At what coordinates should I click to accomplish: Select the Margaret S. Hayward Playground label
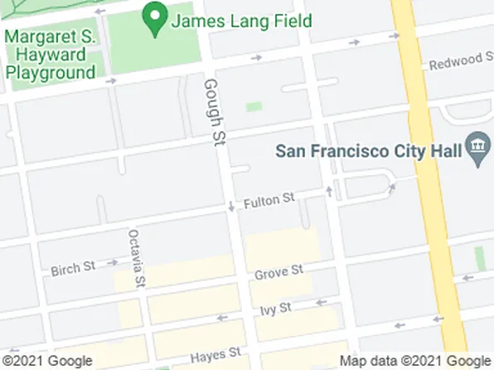point(51,54)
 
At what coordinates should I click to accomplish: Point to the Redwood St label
point(455,61)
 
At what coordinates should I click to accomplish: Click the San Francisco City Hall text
point(370,152)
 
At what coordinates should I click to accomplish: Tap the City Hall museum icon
point(477,150)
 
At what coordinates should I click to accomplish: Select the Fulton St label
point(269,200)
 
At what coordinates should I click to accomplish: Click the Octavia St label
point(137,258)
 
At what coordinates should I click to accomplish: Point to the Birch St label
point(73,269)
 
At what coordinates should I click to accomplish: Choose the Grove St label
point(278,272)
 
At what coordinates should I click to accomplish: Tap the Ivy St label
point(275,308)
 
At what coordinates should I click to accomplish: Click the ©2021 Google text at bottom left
point(46,361)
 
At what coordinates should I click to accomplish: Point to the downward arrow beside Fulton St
point(231,206)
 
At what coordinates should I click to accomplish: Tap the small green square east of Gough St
point(254,107)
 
